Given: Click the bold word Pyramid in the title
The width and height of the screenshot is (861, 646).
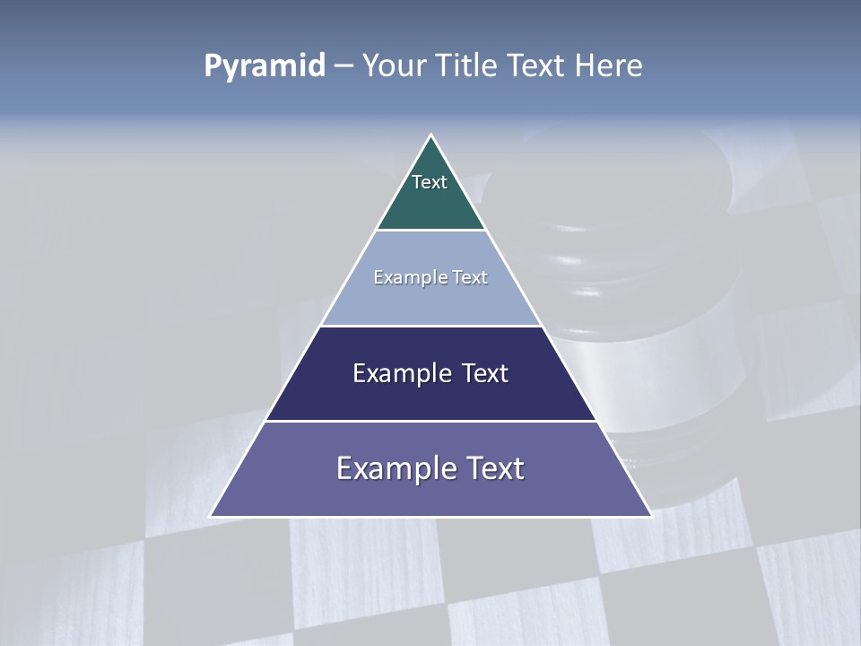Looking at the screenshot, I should pos(265,66).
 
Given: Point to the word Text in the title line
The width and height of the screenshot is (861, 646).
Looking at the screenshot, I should pos(536,66).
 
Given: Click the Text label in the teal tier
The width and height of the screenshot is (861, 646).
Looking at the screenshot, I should pos(430,182).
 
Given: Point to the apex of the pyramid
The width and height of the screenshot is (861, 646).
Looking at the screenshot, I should pos(431,136).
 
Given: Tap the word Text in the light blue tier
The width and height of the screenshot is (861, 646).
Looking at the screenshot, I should pos(470,277).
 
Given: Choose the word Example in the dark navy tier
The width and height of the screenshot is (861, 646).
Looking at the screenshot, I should pos(394,373).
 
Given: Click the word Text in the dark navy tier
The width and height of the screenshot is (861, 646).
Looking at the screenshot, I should pos(483,373).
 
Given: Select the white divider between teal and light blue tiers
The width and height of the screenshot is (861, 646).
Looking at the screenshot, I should pos(431,231).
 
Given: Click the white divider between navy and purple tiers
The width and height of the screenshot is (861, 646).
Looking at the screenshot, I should pos(431,421).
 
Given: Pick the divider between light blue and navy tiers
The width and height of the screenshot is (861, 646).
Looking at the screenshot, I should pos(431,326).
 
